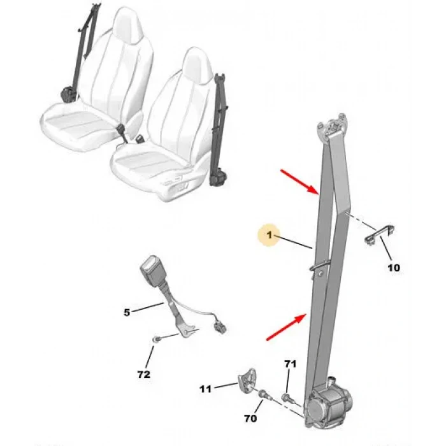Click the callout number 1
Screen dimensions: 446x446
(270, 235)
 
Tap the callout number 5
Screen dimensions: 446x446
(127, 312)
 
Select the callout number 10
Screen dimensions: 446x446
(394, 268)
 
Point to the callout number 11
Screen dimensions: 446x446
(205, 389)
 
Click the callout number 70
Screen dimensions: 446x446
(250, 419)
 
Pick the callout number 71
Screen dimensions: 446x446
(290, 364)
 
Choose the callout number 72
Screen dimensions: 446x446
(143, 375)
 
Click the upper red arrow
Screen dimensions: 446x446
(299, 182)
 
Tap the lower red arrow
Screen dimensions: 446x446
(286, 327)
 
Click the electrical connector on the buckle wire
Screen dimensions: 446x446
(220, 327)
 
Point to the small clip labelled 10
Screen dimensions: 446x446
(379, 234)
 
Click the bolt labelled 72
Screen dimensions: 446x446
(157, 339)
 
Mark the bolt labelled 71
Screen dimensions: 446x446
(287, 397)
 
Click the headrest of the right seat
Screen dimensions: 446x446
(198, 66)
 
